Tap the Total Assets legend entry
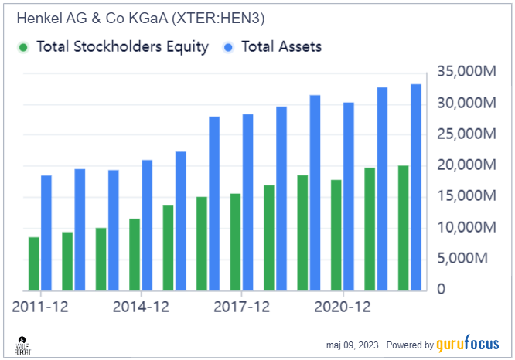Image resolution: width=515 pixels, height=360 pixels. (x=281, y=47)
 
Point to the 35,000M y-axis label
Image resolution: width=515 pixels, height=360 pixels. (x=466, y=72)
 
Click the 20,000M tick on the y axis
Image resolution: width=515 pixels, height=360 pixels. (x=466, y=165)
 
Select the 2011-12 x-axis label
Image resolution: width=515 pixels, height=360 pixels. (x=41, y=307)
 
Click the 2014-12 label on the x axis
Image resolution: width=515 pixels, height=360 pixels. (x=142, y=307)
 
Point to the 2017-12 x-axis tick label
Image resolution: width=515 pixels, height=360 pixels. (x=242, y=307)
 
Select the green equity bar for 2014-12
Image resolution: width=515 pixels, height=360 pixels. (x=135, y=255)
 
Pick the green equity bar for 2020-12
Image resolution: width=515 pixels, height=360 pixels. (x=336, y=236)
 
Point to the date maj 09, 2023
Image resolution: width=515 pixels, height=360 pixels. (x=352, y=345)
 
